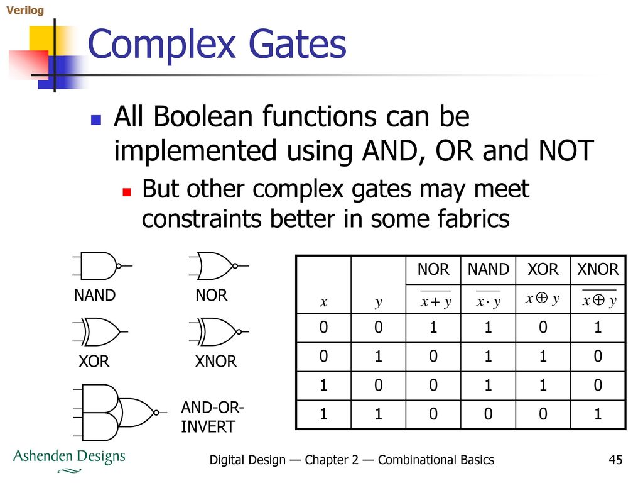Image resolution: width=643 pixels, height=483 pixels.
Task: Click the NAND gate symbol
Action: [102, 266]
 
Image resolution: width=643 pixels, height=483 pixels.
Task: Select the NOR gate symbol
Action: [219, 266]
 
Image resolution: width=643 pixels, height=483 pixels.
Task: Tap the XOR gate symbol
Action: [100, 331]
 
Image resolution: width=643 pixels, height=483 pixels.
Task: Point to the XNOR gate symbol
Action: [219, 331]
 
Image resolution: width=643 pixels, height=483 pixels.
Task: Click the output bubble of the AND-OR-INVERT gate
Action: [156, 413]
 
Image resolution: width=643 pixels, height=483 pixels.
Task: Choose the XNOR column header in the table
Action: [598, 269]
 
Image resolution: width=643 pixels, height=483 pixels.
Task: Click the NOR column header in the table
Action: [433, 269]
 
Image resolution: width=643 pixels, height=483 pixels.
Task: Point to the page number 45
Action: [615, 460]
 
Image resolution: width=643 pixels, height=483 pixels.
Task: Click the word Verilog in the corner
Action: [25, 10]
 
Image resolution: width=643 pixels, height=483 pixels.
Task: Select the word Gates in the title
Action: [297, 44]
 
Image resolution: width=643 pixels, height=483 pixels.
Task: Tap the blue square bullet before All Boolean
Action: [96, 119]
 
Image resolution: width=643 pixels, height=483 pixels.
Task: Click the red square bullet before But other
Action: [127, 192]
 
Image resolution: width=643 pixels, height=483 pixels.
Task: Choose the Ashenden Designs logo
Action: [69, 460]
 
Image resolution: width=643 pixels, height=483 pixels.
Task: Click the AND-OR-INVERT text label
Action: [212, 417]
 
